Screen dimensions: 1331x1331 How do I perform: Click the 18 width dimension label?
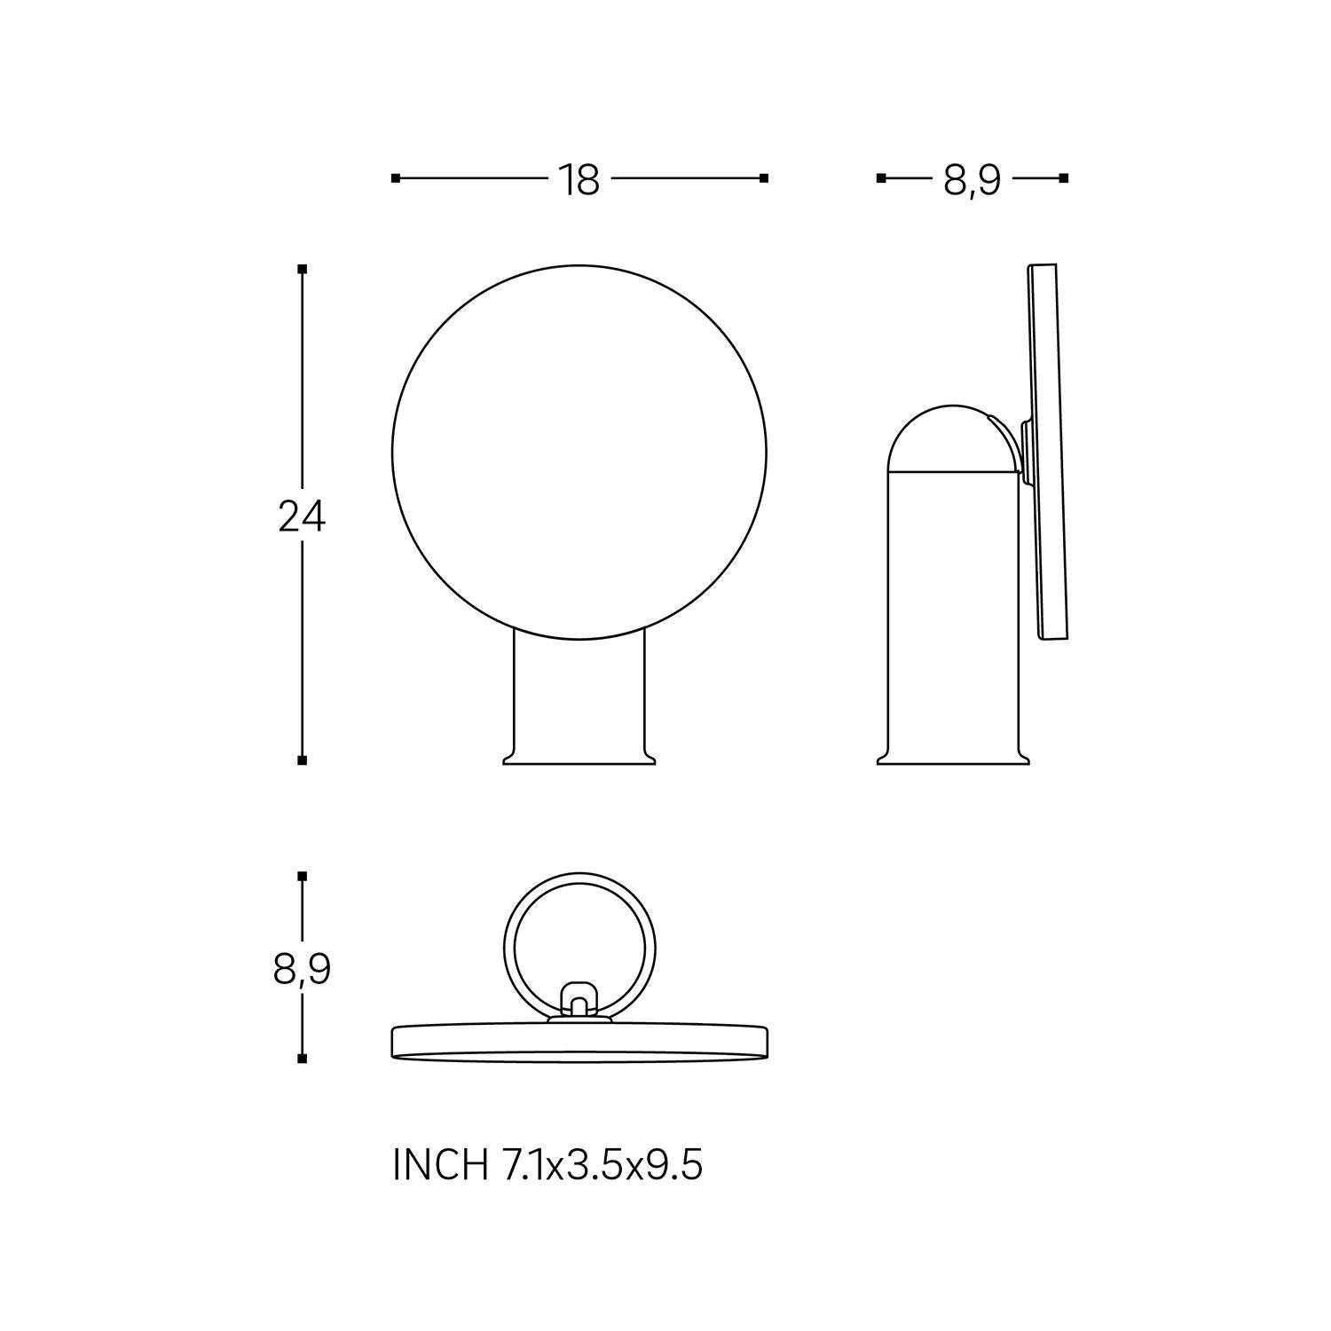coord(579,180)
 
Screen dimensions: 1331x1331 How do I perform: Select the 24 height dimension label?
coord(302,516)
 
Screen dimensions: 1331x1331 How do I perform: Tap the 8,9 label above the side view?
coord(972,180)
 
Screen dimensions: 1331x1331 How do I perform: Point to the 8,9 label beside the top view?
coord(302,970)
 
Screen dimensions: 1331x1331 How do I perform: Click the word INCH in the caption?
coord(439,1165)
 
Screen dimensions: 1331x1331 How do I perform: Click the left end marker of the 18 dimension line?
coord(396,178)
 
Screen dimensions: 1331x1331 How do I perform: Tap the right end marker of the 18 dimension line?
coord(764,178)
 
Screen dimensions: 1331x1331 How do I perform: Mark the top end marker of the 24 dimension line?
coord(303,268)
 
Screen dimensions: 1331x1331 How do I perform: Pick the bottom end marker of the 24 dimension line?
coord(303,760)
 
